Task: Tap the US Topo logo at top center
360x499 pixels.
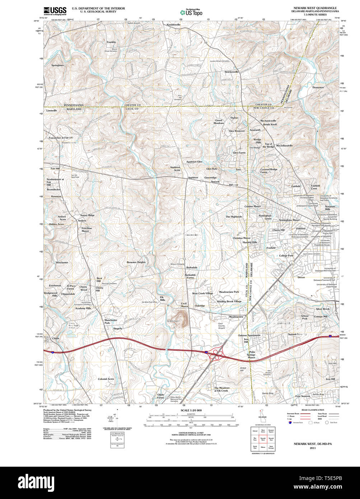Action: point(191,12)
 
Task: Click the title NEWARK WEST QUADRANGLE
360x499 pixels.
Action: point(315,8)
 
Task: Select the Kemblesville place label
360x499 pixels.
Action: point(173,24)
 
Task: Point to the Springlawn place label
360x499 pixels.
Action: point(57,65)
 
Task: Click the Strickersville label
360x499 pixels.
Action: point(232,72)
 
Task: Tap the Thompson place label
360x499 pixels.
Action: point(318,87)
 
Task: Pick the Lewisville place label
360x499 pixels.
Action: point(51,111)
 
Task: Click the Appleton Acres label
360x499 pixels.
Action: point(175,168)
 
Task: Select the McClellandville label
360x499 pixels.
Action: point(284,145)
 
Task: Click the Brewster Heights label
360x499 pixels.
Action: point(136,262)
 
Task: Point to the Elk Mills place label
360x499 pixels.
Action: point(162,298)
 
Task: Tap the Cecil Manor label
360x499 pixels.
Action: point(184,305)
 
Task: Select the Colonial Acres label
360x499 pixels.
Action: point(106,379)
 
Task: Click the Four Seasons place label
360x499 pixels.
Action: point(303,396)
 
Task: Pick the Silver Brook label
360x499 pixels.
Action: point(322,309)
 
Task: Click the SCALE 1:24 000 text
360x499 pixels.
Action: point(191,410)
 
